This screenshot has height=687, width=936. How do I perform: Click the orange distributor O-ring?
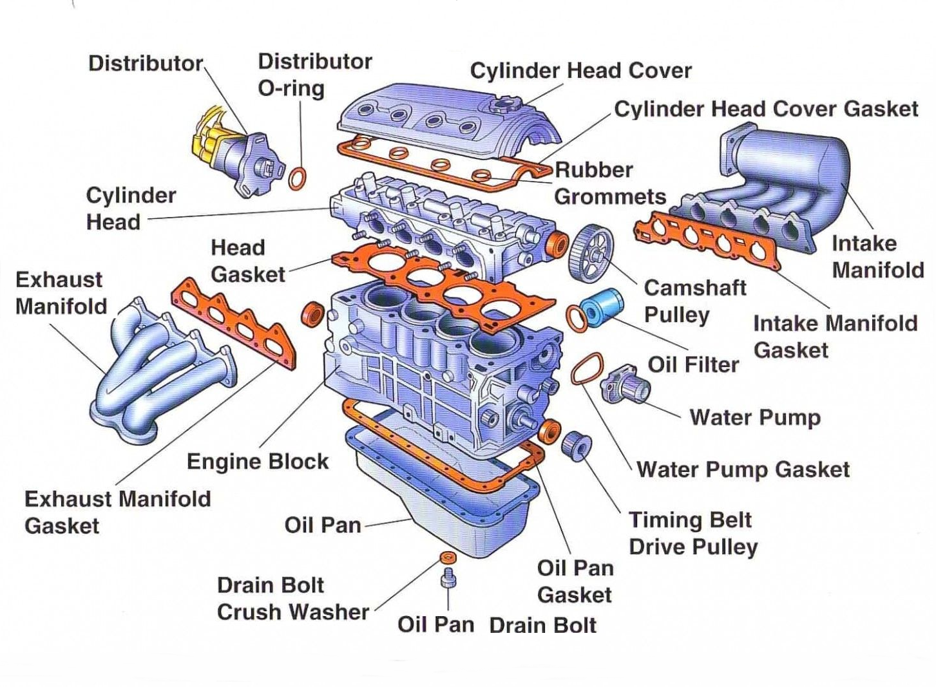(x=298, y=178)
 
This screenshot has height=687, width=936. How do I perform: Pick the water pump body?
(x=624, y=384)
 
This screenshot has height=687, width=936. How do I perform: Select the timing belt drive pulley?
(x=575, y=445)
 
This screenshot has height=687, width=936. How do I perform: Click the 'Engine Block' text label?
(x=257, y=461)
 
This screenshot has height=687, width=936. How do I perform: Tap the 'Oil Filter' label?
(x=693, y=364)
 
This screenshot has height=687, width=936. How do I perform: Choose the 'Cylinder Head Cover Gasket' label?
(x=765, y=109)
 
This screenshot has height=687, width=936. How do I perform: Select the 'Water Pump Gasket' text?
(x=743, y=469)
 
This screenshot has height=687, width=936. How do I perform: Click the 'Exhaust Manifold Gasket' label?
(x=117, y=512)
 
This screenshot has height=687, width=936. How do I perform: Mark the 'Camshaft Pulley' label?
(x=694, y=301)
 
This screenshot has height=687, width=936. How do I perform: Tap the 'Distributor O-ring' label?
(x=314, y=74)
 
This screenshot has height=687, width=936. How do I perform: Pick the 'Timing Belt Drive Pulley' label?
(x=692, y=533)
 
